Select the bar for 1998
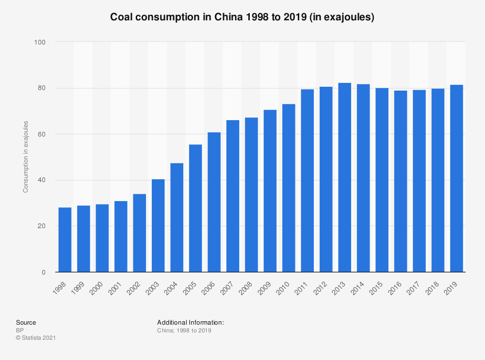[65, 240]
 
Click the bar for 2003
[158, 226]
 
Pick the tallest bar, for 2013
[345, 177]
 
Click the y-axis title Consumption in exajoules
[26, 157]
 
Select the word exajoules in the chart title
[349, 17]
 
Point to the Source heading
[26, 322]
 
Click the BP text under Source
[20, 330]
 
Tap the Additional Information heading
[190, 322]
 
